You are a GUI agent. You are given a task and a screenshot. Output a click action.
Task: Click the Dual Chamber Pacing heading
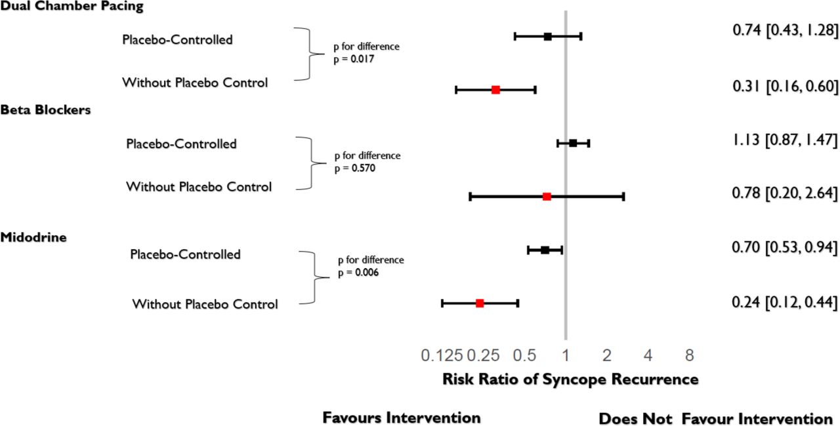(x=72, y=7)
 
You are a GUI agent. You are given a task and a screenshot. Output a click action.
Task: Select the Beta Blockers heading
(x=45, y=110)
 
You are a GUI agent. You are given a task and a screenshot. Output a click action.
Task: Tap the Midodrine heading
(x=33, y=237)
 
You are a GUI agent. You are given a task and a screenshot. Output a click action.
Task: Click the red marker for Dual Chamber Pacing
(x=495, y=90)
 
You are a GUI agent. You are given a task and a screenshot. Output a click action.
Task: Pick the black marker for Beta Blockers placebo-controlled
(x=573, y=143)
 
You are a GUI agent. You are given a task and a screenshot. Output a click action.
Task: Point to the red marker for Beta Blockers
(x=547, y=196)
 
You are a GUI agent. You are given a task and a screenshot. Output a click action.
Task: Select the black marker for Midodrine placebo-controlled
(x=545, y=250)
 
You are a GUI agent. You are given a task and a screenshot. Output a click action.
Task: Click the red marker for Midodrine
(x=480, y=303)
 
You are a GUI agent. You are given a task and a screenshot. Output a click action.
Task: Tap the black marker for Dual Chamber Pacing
(x=548, y=36)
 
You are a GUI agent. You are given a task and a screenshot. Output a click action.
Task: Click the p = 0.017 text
(x=355, y=58)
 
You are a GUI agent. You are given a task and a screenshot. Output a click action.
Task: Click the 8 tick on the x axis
(x=689, y=356)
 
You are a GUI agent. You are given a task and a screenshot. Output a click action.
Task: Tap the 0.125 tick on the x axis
(x=442, y=356)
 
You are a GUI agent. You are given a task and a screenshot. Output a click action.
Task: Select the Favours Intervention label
(x=402, y=418)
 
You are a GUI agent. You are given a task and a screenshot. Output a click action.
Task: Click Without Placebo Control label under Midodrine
(x=205, y=304)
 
